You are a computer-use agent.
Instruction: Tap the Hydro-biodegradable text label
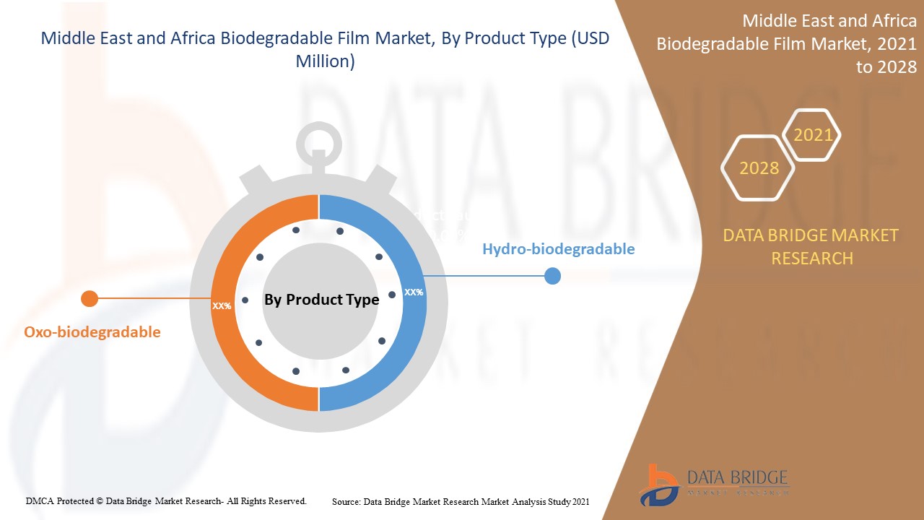coord(558,249)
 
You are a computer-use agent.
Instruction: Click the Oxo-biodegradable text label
coord(92,332)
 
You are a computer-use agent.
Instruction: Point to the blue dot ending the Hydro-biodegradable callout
coord(552,276)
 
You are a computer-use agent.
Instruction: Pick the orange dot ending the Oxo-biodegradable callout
coord(90,298)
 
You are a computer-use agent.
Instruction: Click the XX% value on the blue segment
coord(414,292)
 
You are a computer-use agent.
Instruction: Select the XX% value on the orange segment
coord(222,305)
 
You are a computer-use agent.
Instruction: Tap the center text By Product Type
coord(321,300)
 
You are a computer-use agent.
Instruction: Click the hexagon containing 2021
coord(812,135)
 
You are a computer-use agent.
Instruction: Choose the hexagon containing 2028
coord(759,168)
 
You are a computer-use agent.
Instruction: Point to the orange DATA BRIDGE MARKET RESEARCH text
coord(811,246)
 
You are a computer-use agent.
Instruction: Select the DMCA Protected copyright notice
coord(166,500)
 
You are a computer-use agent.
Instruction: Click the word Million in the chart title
coord(325,62)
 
